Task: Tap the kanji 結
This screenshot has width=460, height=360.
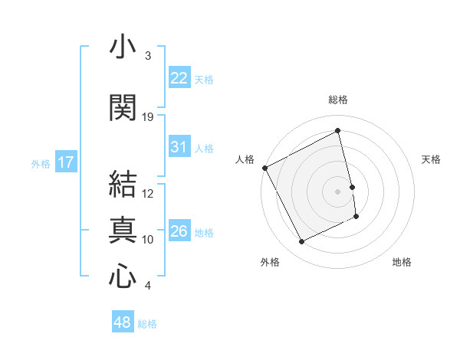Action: pos(123,185)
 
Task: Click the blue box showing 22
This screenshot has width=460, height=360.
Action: pos(179,77)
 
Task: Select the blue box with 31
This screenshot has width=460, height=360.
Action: pos(179,147)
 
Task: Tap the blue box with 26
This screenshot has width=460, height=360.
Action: pos(179,231)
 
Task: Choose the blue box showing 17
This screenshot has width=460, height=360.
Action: pos(65,162)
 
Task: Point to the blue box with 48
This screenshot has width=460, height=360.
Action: pos(123,322)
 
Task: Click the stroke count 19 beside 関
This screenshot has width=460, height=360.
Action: pos(148,117)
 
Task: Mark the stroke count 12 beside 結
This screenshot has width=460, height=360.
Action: pos(148,194)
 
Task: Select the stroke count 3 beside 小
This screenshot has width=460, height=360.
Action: pos(148,56)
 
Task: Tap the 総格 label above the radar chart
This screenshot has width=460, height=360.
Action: pos(338,100)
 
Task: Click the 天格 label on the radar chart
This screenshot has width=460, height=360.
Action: pos(431,159)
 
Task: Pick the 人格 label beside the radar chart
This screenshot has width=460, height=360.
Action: pos(245,159)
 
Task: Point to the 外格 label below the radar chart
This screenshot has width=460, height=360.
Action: pos(270,262)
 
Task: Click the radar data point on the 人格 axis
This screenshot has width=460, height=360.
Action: pos(264,168)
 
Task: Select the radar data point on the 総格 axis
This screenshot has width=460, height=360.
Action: pos(338,131)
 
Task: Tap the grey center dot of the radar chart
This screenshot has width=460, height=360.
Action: pos(338,191)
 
